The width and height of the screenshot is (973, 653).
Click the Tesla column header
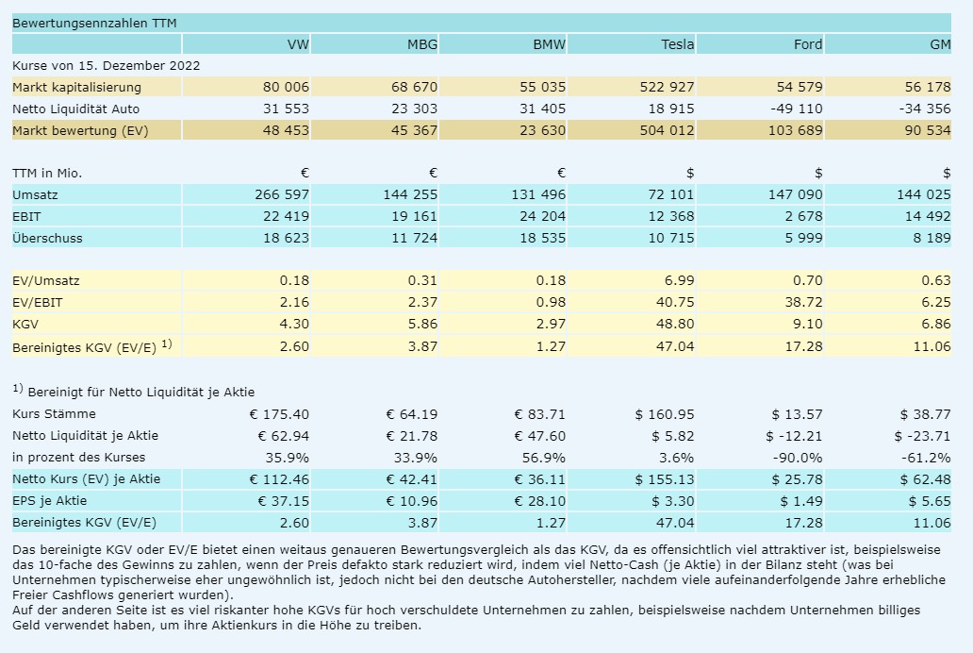click(677, 44)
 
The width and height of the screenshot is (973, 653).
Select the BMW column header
click(549, 44)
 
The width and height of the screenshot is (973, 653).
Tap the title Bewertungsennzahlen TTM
click(80, 23)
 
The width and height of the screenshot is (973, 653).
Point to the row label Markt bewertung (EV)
click(80, 130)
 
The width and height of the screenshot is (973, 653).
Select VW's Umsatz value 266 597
click(282, 195)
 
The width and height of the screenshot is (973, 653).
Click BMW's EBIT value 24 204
click(542, 217)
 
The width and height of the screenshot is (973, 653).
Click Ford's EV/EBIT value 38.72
click(804, 302)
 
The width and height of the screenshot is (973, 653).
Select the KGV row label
click(25, 324)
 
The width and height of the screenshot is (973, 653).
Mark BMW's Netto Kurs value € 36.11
click(539, 479)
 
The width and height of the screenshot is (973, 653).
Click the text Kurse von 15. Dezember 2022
click(106, 66)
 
